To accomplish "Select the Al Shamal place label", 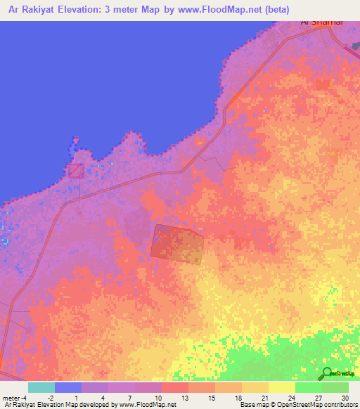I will (x=321, y=22).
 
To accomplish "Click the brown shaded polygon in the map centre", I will (x=176, y=245).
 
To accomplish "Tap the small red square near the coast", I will (x=75, y=170).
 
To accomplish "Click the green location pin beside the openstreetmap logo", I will (x=326, y=373).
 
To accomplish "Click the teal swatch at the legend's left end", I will (x=41, y=387).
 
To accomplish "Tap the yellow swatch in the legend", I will (x=281, y=387).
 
